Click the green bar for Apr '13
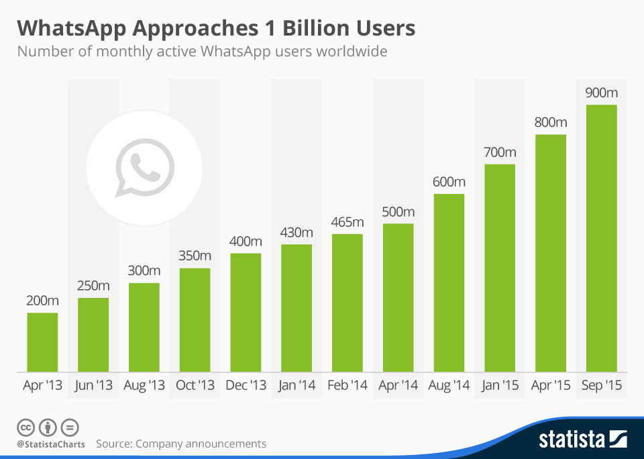pyautogui.click(x=42, y=342)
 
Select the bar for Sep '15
pyautogui.click(x=601, y=238)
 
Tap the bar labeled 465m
pyautogui.click(x=347, y=303)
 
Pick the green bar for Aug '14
pyautogui.click(x=449, y=283)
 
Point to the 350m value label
pyautogui.click(x=195, y=256)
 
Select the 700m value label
pyautogui.click(x=500, y=152)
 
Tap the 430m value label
pyautogui.click(x=297, y=232)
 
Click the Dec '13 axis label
pyautogui.click(x=246, y=386)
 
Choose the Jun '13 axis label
pyautogui.click(x=93, y=386)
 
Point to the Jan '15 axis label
pyautogui.click(x=500, y=386)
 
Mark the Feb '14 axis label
pyautogui.click(x=347, y=386)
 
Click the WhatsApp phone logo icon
pyautogui.click(x=144, y=167)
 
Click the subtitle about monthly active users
pyautogui.click(x=202, y=51)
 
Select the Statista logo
pyautogui.click(x=582, y=440)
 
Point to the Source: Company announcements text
pyautogui.click(x=181, y=444)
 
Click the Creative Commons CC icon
pyautogui.click(x=25, y=427)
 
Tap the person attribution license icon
pyautogui.click(x=48, y=427)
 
